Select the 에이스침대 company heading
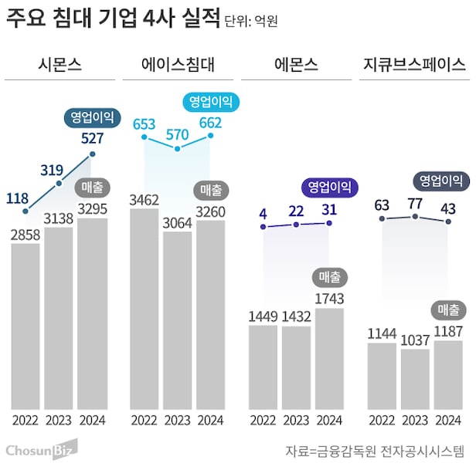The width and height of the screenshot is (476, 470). (178, 64)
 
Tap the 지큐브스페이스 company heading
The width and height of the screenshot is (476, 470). (415, 64)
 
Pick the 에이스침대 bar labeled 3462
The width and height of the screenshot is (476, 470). (144, 309)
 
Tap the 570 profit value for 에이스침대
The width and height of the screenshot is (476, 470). (178, 134)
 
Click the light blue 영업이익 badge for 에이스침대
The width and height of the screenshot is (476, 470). (211, 100)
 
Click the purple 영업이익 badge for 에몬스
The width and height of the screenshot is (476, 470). (329, 186)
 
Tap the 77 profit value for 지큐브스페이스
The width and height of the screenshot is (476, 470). (415, 204)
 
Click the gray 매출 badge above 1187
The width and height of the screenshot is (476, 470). (448, 310)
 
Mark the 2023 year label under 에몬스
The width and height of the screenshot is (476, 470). (295, 420)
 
